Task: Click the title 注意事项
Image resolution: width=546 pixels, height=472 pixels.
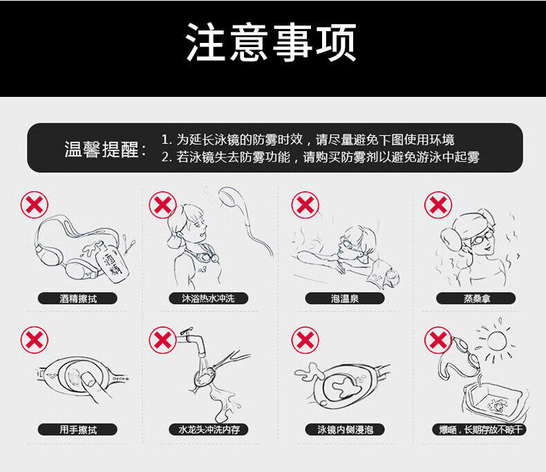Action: (271, 42)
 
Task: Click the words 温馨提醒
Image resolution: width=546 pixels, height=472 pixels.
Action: (102, 149)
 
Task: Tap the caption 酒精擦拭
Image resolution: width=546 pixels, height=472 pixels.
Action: (77, 299)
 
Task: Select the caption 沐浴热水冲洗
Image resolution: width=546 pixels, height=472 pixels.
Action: (208, 298)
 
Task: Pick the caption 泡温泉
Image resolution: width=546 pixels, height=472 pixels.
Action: (345, 299)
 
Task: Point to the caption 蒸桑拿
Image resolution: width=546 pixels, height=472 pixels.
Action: (476, 299)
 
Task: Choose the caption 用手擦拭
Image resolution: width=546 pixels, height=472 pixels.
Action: (77, 430)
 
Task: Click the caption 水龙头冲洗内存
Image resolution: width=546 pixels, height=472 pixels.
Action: (209, 430)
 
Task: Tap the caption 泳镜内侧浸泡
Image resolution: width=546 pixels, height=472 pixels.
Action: (345, 430)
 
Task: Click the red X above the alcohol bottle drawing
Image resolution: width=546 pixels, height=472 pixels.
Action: (34, 205)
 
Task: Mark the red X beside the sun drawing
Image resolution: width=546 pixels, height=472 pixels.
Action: (438, 340)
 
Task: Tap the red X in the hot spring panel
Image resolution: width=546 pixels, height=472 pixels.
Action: (305, 205)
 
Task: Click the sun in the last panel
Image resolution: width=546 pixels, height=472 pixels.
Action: (496, 341)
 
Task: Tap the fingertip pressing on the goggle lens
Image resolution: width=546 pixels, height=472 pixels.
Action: (88, 380)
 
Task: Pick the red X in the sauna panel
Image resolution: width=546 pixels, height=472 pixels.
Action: (438, 205)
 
